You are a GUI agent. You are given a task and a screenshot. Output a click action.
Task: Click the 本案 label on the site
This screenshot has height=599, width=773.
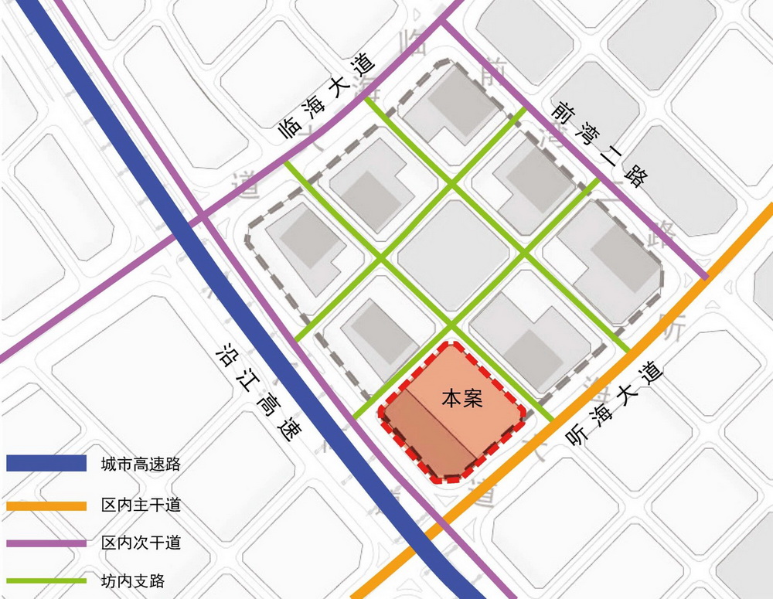[462, 399]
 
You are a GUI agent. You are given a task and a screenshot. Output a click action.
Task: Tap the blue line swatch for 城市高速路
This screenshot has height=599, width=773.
[46, 464]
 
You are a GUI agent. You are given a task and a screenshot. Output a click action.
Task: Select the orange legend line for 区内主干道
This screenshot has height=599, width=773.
[46, 506]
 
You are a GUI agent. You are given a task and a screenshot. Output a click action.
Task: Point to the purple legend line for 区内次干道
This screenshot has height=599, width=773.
[46, 543]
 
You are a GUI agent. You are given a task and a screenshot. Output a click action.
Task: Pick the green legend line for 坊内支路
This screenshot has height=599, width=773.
[46, 580]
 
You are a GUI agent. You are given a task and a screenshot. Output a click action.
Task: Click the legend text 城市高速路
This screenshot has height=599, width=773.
[140, 465]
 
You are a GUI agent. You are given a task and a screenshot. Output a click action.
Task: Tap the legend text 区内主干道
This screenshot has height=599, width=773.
[140, 506]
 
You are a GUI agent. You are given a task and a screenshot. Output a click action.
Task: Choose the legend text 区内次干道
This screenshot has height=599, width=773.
[140, 543]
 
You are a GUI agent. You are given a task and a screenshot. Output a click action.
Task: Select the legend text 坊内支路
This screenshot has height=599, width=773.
[133, 580]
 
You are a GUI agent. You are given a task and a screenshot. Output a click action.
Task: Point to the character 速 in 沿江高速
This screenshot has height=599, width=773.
[288, 431]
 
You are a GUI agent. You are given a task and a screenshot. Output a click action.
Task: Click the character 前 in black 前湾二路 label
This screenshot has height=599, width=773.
[562, 114]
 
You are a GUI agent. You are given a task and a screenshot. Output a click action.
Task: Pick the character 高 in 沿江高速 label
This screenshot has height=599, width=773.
[267, 405]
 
